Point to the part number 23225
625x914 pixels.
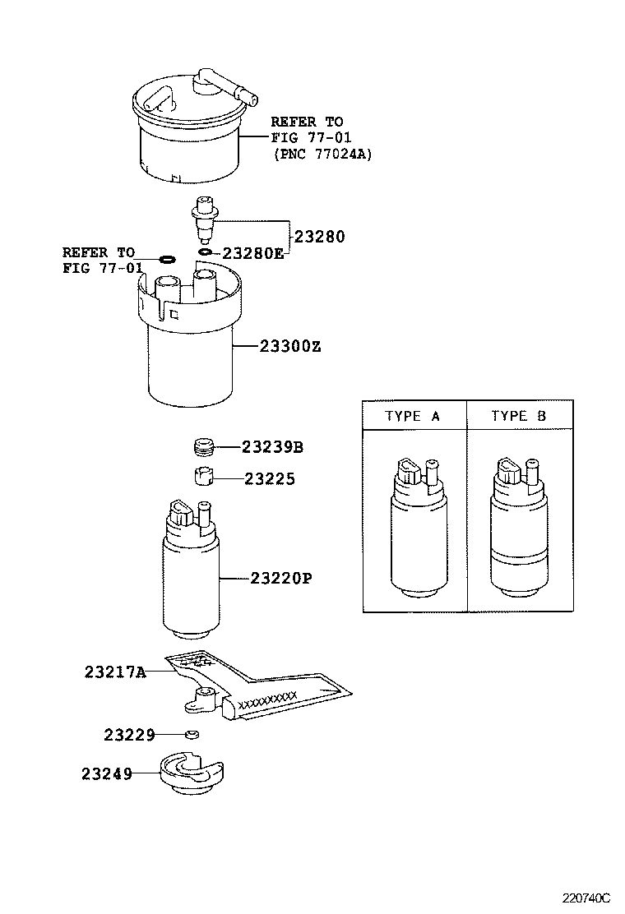(x=269, y=478)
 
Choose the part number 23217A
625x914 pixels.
(x=114, y=672)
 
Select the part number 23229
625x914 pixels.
(x=129, y=734)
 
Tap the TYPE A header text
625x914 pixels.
(x=413, y=417)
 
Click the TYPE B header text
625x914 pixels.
(x=518, y=417)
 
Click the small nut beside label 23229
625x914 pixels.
(x=191, y=734)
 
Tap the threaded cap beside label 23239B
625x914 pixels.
(x=202, y=447)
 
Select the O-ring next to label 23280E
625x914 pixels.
(x=206, y=252)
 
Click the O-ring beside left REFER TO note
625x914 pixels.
(x=166, y=260)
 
